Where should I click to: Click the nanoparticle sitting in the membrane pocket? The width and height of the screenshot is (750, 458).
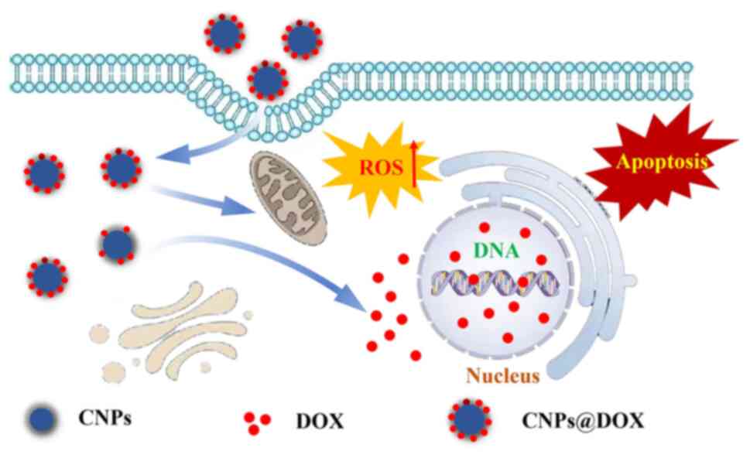click(267, 78)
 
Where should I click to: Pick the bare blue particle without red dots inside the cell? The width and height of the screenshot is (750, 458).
click(118, 245)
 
